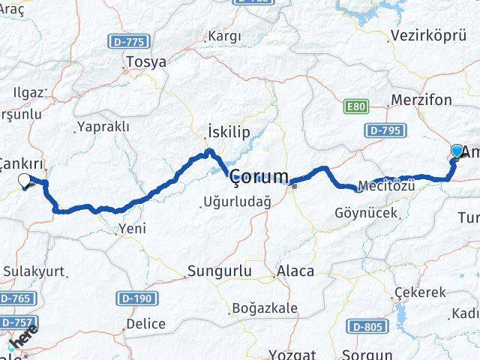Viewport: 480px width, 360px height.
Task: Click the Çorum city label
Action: [x=258, y=178]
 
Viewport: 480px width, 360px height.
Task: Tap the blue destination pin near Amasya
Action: [x=457, y=151]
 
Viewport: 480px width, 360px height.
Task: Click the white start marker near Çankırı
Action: [x=24, y=180]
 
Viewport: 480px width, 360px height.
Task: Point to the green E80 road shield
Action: [x=356, y=107]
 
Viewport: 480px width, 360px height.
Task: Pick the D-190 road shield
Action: [x=137, y=298]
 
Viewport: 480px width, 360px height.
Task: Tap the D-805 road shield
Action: [x=367, y=326]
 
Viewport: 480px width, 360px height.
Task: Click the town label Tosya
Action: [x=147, y=62]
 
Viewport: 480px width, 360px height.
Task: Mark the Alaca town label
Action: [x=295, y=271]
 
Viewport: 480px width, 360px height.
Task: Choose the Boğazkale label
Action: [x=265, y=307]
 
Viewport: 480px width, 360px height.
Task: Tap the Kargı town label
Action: [x=225, y=36]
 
